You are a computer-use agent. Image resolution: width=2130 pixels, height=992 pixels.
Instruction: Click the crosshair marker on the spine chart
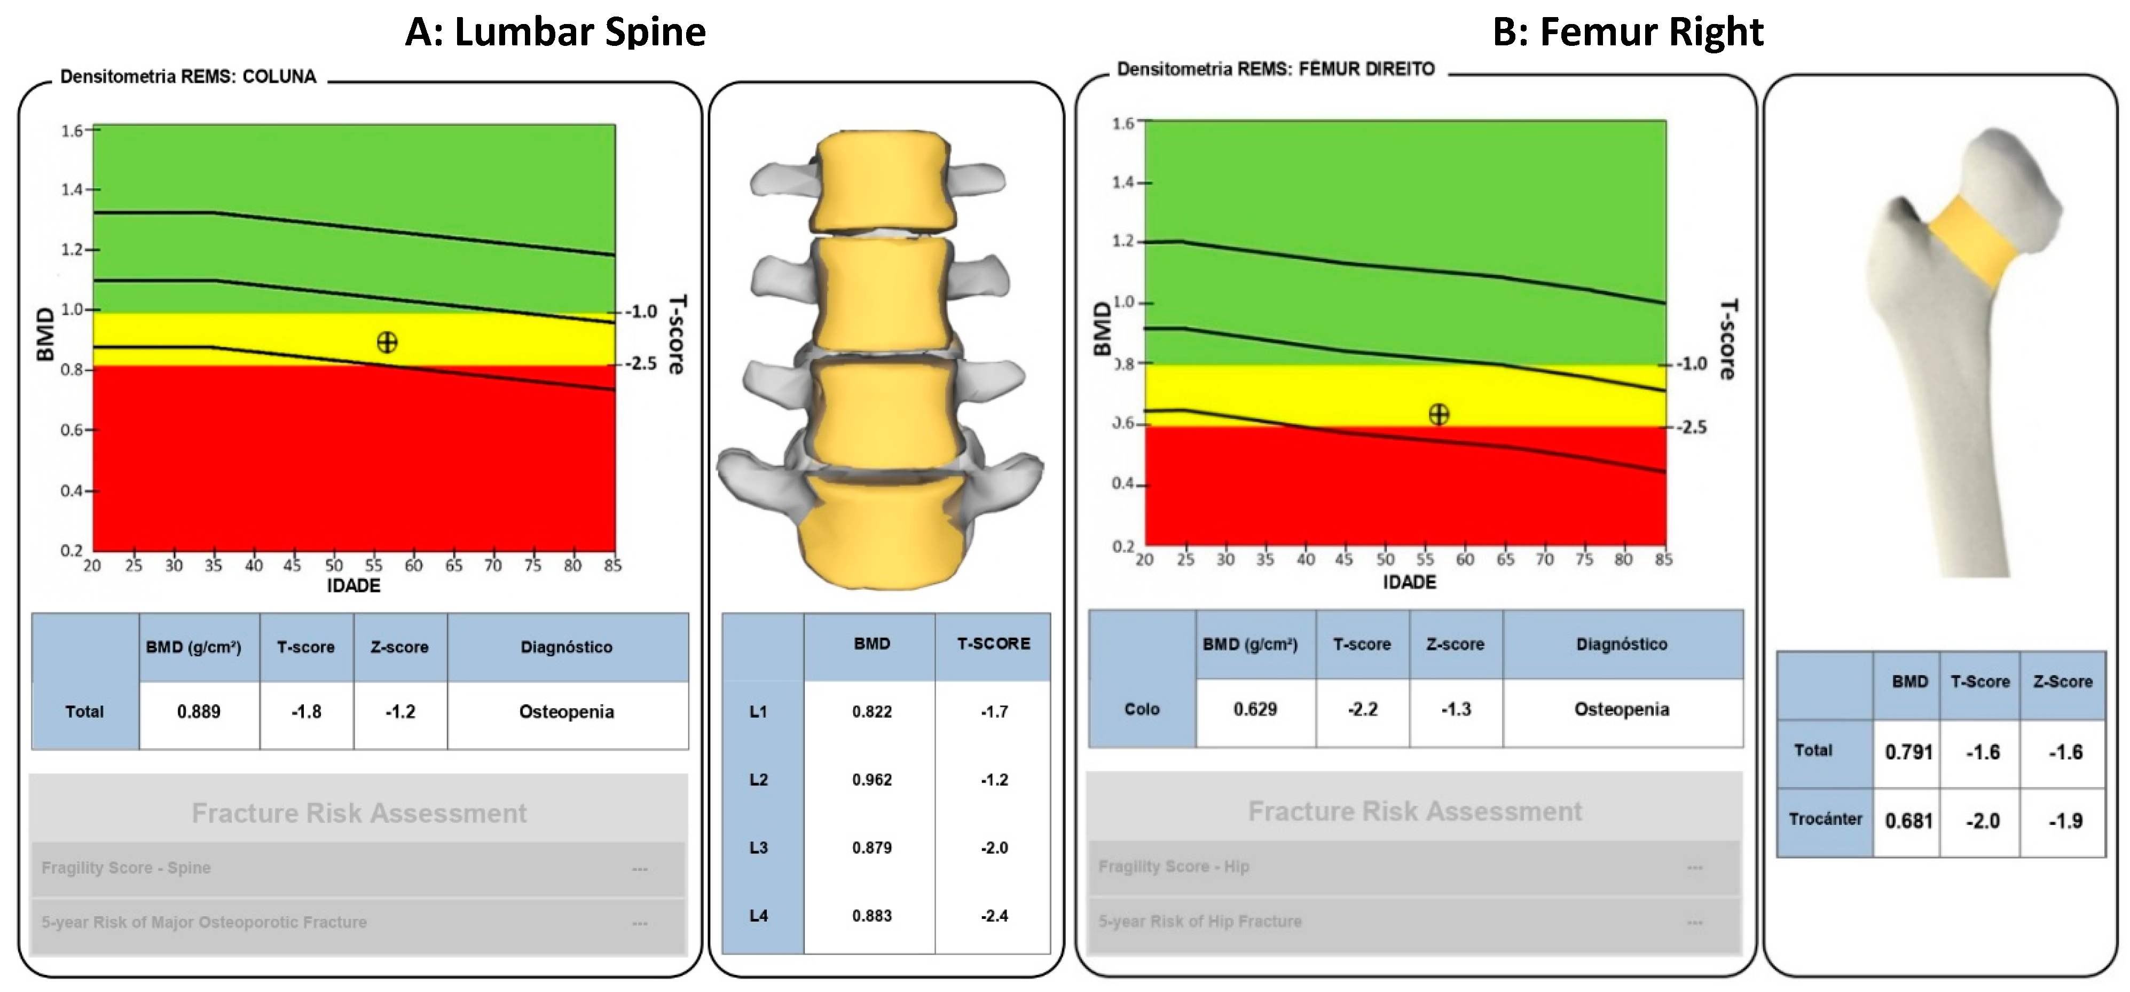point(387,342)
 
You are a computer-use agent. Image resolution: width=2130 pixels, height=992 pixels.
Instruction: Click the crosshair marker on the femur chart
point(1439,414)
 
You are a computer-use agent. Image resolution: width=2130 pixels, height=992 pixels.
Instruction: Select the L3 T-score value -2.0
point(994,847)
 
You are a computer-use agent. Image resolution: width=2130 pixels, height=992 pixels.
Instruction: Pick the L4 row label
point(758,915)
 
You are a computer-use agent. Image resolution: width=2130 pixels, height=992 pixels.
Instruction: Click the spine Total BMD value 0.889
point(199,712)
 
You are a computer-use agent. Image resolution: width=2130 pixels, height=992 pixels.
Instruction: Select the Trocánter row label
point(1825,819)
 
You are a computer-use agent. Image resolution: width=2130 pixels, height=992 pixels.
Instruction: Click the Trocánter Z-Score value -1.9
point(2065,821)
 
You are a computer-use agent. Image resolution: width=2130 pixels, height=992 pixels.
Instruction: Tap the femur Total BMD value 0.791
point(1908,752)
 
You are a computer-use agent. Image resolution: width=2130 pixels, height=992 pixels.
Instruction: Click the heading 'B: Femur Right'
point(1627,32)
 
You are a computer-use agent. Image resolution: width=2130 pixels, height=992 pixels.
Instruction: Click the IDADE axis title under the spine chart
point(354,586)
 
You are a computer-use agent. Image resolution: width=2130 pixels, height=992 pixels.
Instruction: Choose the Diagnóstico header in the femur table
point(1622,645)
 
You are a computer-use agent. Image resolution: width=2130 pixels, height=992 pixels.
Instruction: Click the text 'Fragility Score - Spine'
point(127,868)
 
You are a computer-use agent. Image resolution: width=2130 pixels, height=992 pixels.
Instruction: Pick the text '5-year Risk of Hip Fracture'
point(1200,921)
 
